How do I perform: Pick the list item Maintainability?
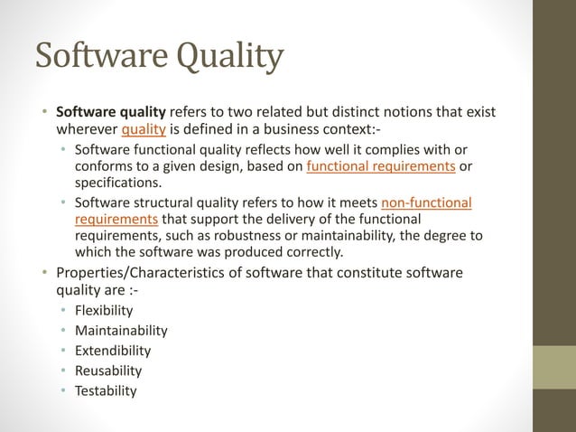click(121, 331)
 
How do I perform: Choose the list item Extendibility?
click(113, 351)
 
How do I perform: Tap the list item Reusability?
click(108, 371)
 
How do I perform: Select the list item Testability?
click(106, 390)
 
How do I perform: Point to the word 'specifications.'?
click(118, 183)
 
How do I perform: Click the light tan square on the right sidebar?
click(554, 366)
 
